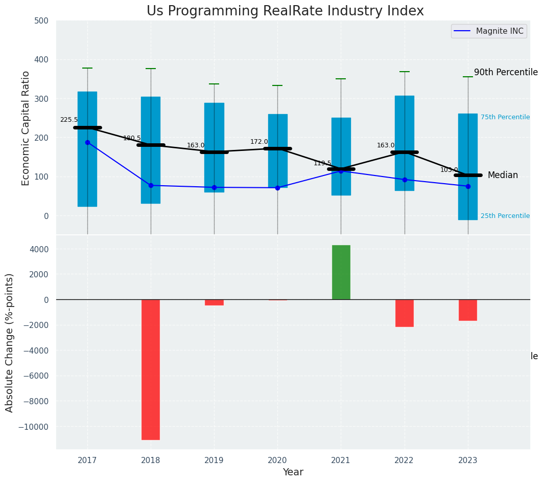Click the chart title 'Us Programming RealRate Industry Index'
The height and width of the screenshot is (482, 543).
tap(285, 11)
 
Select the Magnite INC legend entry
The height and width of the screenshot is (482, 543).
tap(488, 31)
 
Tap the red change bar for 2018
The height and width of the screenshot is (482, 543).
tap(151, 369)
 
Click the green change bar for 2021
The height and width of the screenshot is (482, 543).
tap(341, 272)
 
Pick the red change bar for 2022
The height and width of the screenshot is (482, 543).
tap(405, 313)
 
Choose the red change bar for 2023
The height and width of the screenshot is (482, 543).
tap(468, 310)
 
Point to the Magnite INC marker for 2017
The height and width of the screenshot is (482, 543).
tap(87, 142)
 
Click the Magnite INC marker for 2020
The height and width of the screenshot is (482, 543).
tap(277, 188)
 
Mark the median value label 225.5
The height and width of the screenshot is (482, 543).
tap(69, 120)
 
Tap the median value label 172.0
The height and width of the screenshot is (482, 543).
tap(259, 142)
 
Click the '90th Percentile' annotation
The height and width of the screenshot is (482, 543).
tap(506, 72)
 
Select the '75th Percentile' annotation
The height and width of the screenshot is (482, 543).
tap(505, 117)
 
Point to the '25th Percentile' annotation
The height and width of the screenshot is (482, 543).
tap(505, 216)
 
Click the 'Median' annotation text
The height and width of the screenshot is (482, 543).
tap(503, 176)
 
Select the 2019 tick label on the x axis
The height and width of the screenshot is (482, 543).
tap(214, 460)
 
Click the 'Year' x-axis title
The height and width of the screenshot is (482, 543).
tap(293, 472)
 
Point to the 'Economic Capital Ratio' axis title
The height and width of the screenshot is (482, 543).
tap(26, 128)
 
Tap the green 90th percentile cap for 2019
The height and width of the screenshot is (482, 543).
tap(214, 84)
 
